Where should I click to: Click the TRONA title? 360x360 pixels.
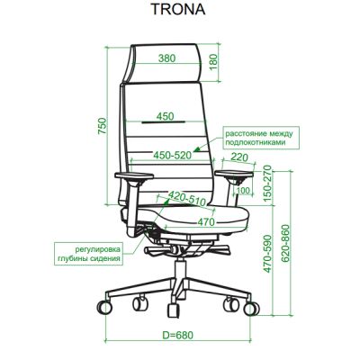tap(178, 9)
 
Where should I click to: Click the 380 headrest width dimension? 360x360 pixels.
tap(166, 58)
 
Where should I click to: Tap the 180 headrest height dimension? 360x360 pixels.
tap(212, 62)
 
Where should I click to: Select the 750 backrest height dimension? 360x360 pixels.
tap(103, 126)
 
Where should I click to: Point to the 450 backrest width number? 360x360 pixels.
tap(165, 116)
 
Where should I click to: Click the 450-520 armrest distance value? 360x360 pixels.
tap(172, 155)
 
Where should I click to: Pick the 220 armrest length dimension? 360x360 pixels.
tap(239, 157)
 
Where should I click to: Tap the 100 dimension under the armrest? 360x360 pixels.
tap(243, 190)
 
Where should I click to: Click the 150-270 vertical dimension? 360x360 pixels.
tap(267, 183)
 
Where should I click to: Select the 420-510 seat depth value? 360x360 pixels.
tap(186, 198)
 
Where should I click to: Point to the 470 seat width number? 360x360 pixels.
tap(206, 222)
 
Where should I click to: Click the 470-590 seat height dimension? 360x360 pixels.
tap(267, 254)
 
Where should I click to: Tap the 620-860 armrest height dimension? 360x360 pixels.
tap(285, 243)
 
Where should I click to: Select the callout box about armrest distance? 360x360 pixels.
tap(258, 138)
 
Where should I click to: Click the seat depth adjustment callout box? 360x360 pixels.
tap(89, 254)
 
